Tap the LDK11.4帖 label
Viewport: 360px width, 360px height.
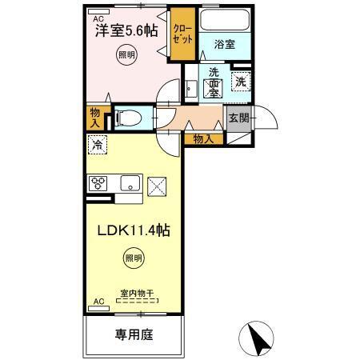pyautogui.click(x=134, y=230)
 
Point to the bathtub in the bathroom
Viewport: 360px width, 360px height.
pyautogui.click(x=223, y=20)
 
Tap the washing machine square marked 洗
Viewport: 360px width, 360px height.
pyautogui.click(x=240, y=80)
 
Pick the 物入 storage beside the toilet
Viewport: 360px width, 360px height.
pyautogui.click(x=96, y=118)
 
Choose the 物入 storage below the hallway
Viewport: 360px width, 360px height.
pyautogui.click(x=203, y=138)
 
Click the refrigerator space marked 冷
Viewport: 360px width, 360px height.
pyautogui.click(x=98, y=145)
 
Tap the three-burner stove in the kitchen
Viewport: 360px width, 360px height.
pyautogui.click(x=100, y=184)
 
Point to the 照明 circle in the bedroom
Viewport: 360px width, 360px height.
pyautogui.click(x=126, y=55)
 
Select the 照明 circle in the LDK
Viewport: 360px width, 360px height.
pyautogui.click(x=134, y=258)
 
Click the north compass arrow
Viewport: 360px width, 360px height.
pyautogui.click(x=257, y=337)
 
